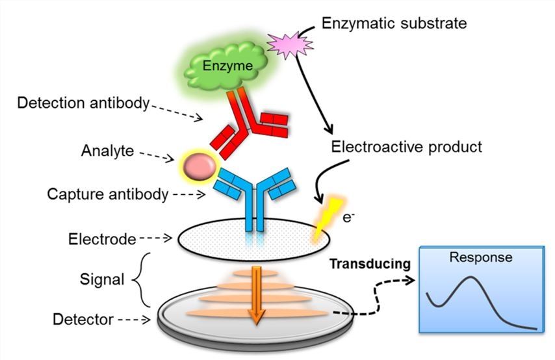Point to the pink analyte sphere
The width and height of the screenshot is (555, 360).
[196, 168]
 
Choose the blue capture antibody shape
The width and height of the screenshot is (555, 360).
[253, 195]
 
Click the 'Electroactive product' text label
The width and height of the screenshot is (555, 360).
[407, 147]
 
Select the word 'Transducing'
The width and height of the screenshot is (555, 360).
[369, 264]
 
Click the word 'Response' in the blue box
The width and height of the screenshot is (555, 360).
[481, 257]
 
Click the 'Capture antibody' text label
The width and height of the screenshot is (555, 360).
[103, 194]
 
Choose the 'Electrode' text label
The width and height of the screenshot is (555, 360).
[102, 238]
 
